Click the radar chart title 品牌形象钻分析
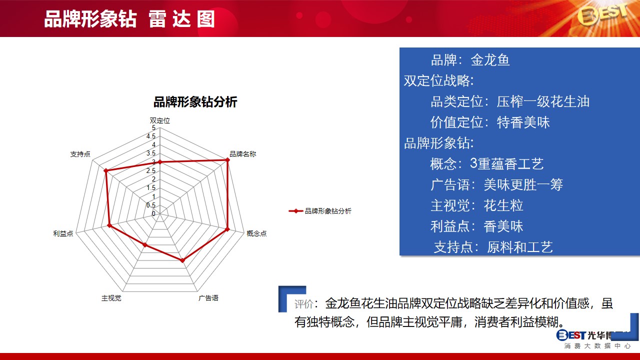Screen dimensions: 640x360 [195, 102]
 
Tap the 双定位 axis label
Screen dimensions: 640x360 [159, 120]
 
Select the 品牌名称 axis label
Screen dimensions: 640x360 [243, 154]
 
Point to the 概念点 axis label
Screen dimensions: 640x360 [256, 233]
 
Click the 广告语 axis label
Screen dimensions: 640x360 [208, 298]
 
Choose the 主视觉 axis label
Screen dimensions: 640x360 [111, 298]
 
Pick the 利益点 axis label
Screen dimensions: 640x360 [63, 233]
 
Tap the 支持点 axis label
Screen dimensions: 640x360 [80, 154]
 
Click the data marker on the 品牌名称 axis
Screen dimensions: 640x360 [227, 160]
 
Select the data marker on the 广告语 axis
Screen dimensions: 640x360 [183, 260]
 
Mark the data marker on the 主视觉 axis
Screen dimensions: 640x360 [145, 245]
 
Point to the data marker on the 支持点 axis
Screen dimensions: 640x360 [105, 170]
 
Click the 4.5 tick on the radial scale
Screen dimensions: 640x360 [151, 136]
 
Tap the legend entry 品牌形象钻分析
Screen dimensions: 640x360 [320, 211]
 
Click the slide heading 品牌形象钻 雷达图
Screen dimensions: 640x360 [129, 19]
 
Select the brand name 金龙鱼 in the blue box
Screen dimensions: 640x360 [490, 60]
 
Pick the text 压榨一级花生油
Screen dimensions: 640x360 [543, 101]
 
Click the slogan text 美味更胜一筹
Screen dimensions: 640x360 [523, 184]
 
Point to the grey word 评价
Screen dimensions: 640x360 [303, 304]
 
